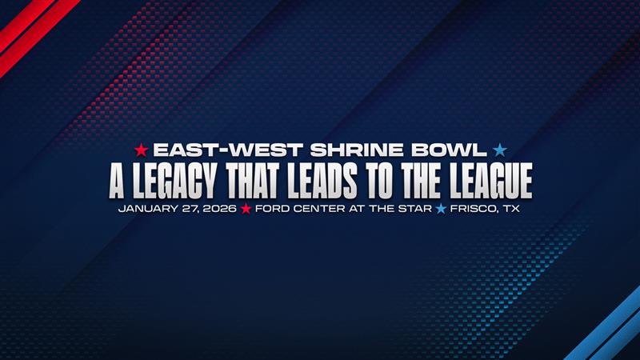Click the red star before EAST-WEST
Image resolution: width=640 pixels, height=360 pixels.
point(142,150)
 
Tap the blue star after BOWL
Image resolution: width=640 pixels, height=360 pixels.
point(499,150)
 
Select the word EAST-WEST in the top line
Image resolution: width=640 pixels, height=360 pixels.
point(228,150)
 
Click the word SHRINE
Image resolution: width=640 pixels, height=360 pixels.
point(356,150)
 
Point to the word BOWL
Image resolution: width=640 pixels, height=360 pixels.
point(449,150)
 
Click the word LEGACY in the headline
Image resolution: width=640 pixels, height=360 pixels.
point(174,181)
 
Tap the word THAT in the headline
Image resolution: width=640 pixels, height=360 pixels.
point(254,181)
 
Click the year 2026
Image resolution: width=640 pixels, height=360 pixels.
point(219,209)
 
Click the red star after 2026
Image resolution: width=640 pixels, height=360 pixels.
point(246,209)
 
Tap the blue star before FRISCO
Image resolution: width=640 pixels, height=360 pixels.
point(441,209)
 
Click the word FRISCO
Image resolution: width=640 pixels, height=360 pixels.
point(474,209)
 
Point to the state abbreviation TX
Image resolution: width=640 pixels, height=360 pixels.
point(511,209)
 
